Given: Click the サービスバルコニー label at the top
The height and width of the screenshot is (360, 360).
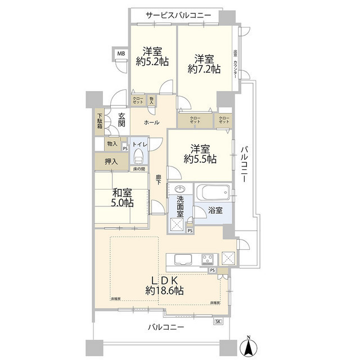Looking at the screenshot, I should tap(178, 15).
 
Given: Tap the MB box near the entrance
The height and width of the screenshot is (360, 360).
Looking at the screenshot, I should tap(120, 54).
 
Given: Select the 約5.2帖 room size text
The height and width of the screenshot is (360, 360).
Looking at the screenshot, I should tap(152, 63).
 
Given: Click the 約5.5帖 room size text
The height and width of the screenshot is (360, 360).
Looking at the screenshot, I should tap(200, 160).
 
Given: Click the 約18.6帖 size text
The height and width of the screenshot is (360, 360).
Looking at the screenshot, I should tap(164, 291).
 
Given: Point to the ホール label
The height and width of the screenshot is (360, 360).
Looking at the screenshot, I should tap(151, 123).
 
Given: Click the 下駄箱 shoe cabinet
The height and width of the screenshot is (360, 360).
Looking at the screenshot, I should tap(99, 121).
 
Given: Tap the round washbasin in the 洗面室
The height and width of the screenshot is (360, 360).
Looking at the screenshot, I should tap(180, 189).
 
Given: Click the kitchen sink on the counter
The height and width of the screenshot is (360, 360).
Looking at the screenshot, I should tap(184, 259).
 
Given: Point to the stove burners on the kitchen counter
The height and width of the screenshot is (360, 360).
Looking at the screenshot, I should tap(206, 259).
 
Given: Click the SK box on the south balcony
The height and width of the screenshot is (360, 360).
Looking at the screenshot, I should tap(218, 321).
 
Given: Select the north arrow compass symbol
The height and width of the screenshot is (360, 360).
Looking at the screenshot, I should tap(248, 346).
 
